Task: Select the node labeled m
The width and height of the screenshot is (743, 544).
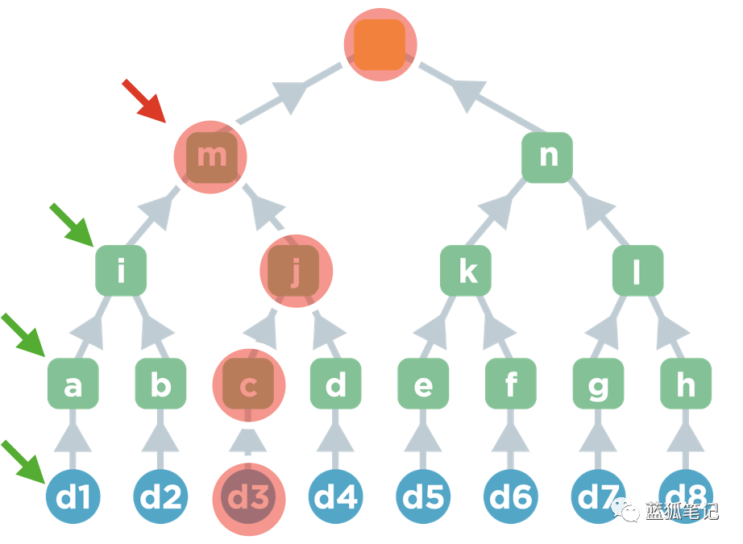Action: click(212, 155)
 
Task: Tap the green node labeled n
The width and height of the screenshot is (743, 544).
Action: click(547, 156)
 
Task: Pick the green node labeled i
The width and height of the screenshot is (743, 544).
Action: click(121, 271)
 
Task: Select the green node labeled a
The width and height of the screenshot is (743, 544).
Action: click(73, 385)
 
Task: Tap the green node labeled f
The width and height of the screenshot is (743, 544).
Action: click(511, 385)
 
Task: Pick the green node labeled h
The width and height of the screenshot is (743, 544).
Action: click(686, 385)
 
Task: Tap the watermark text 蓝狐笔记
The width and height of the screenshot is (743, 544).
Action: click(681, 511)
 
